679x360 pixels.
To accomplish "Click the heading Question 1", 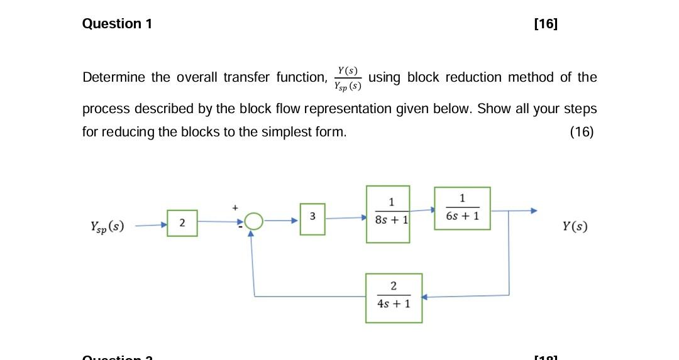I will tap(117, 24).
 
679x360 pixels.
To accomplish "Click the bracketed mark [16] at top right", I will tap(545, 24).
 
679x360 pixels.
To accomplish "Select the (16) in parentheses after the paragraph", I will tap(581, 133).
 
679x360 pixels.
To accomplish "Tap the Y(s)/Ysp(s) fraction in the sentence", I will tap(348, 78).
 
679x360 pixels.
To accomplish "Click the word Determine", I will tap(114, 78).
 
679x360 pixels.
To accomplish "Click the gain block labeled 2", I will tap(182, 223).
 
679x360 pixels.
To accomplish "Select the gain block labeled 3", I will tap(312, 219).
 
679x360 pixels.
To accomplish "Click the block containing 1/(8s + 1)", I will tap(389, 214).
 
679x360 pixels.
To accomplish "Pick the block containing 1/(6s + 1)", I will tap(462, 208).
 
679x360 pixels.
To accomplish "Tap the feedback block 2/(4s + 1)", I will tap(394, 297).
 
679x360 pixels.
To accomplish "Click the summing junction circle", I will tap(253, 221).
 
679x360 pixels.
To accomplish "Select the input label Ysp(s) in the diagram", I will tap(108, 226).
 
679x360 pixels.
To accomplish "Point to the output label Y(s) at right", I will tap(575, 226).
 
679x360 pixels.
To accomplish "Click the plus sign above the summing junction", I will tap(236, 206).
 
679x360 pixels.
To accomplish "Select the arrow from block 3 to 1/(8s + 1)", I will tap(346, 218).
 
